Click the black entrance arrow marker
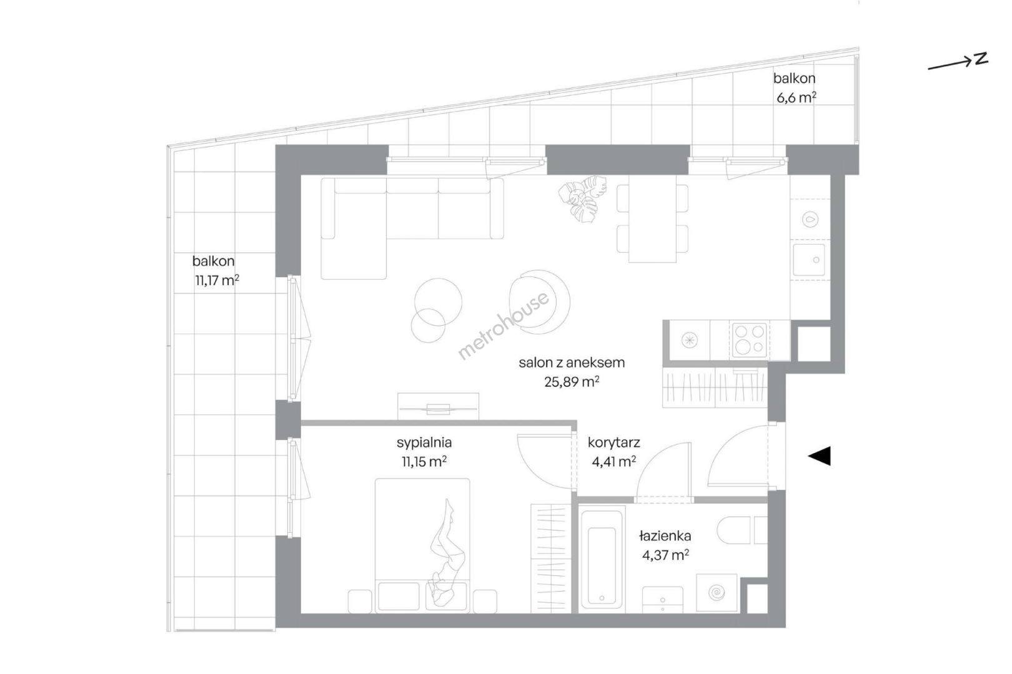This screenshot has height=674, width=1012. [x=820, y=456]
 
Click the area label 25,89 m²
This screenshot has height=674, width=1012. [x=572, y=382]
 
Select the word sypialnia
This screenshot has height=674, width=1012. [x=424, y=443]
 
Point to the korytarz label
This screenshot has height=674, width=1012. [x=613, y=443]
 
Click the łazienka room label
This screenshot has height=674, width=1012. [x=665, y=536]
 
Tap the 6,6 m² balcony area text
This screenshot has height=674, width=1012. [x=796, y=97]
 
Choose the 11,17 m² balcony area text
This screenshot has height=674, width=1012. [x=217, y=280]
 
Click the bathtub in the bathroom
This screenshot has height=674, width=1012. [x=602, y=559]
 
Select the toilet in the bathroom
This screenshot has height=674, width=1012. [x=742, y=530]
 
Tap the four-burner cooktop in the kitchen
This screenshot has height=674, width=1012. [x=750, y=339]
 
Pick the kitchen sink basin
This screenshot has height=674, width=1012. [x=809, y=260]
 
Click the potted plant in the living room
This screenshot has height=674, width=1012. [x=582, y=199]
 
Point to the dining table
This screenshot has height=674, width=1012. [x=652, y=218]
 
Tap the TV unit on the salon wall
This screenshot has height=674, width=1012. [x=438, y=406]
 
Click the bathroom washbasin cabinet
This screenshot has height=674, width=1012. [x=662, y=599]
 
